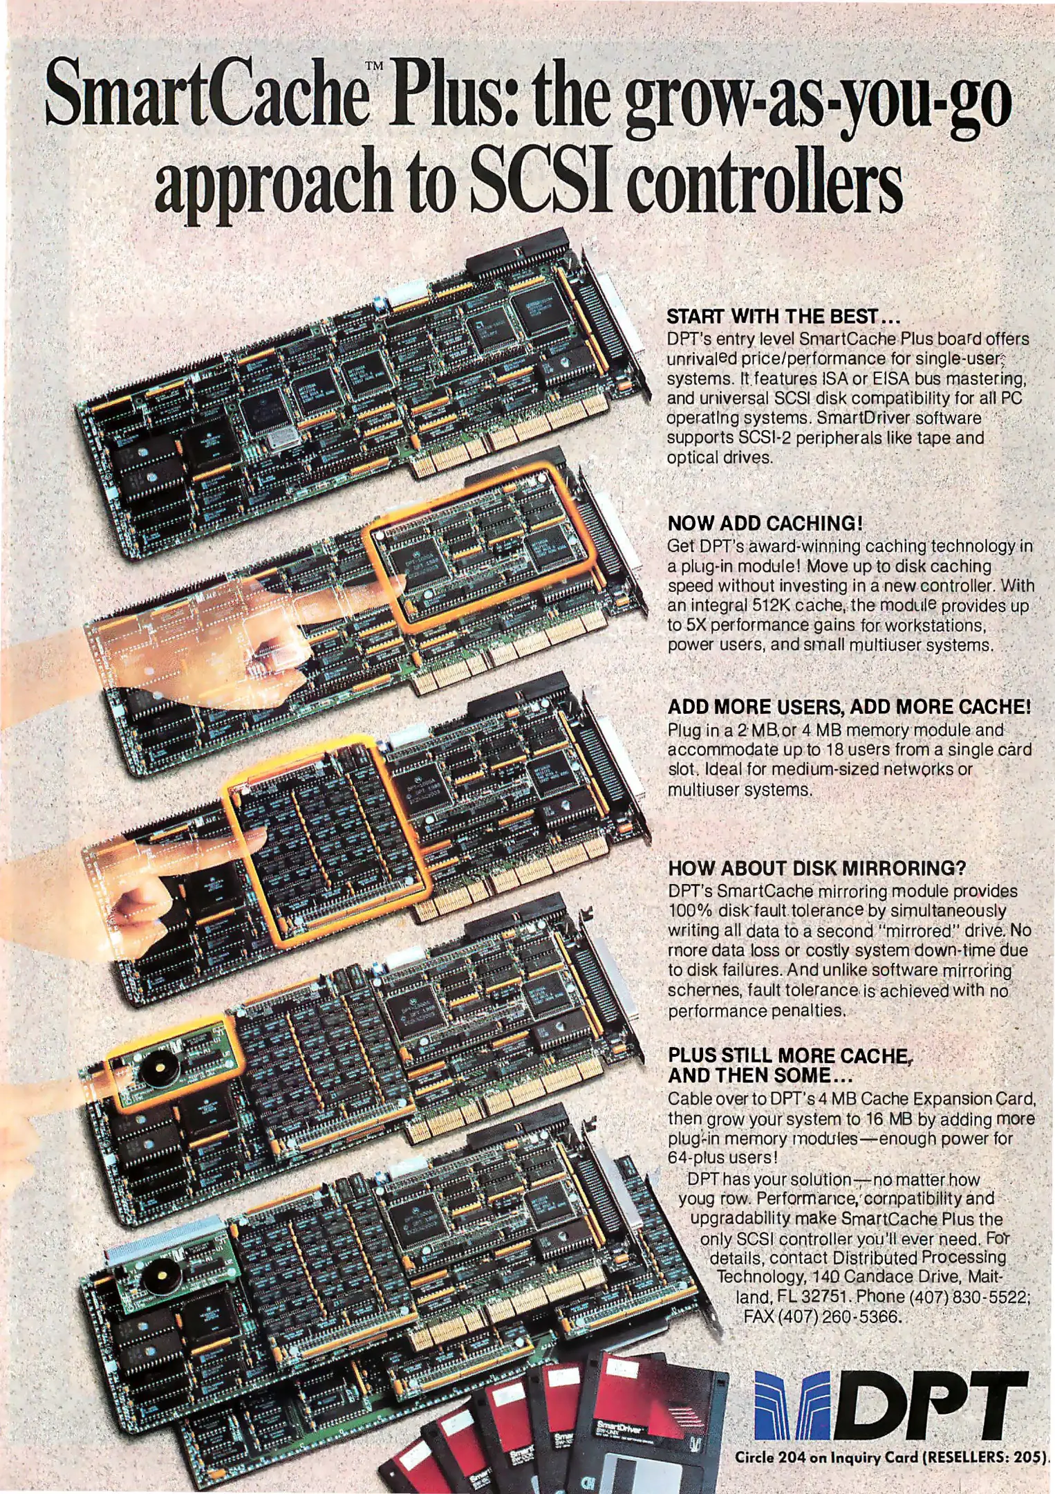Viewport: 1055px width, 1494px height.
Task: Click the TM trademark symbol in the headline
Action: pos(373,66)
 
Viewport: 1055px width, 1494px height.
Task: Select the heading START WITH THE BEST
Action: pos(783,317)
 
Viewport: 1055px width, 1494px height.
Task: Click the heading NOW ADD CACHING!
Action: pos(765,523)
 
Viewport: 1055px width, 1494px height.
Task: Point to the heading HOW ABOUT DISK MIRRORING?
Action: pos(816,868)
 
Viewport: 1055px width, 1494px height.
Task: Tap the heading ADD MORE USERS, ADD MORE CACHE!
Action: pos(849,707)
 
